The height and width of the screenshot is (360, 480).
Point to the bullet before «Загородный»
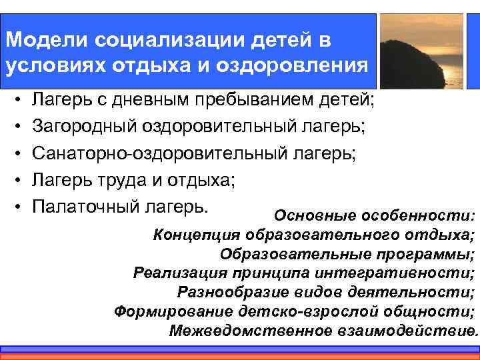pos(15,125)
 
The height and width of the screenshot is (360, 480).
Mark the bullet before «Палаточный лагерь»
pos(15,205)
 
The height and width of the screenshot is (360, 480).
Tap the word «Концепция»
pos(197,235)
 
